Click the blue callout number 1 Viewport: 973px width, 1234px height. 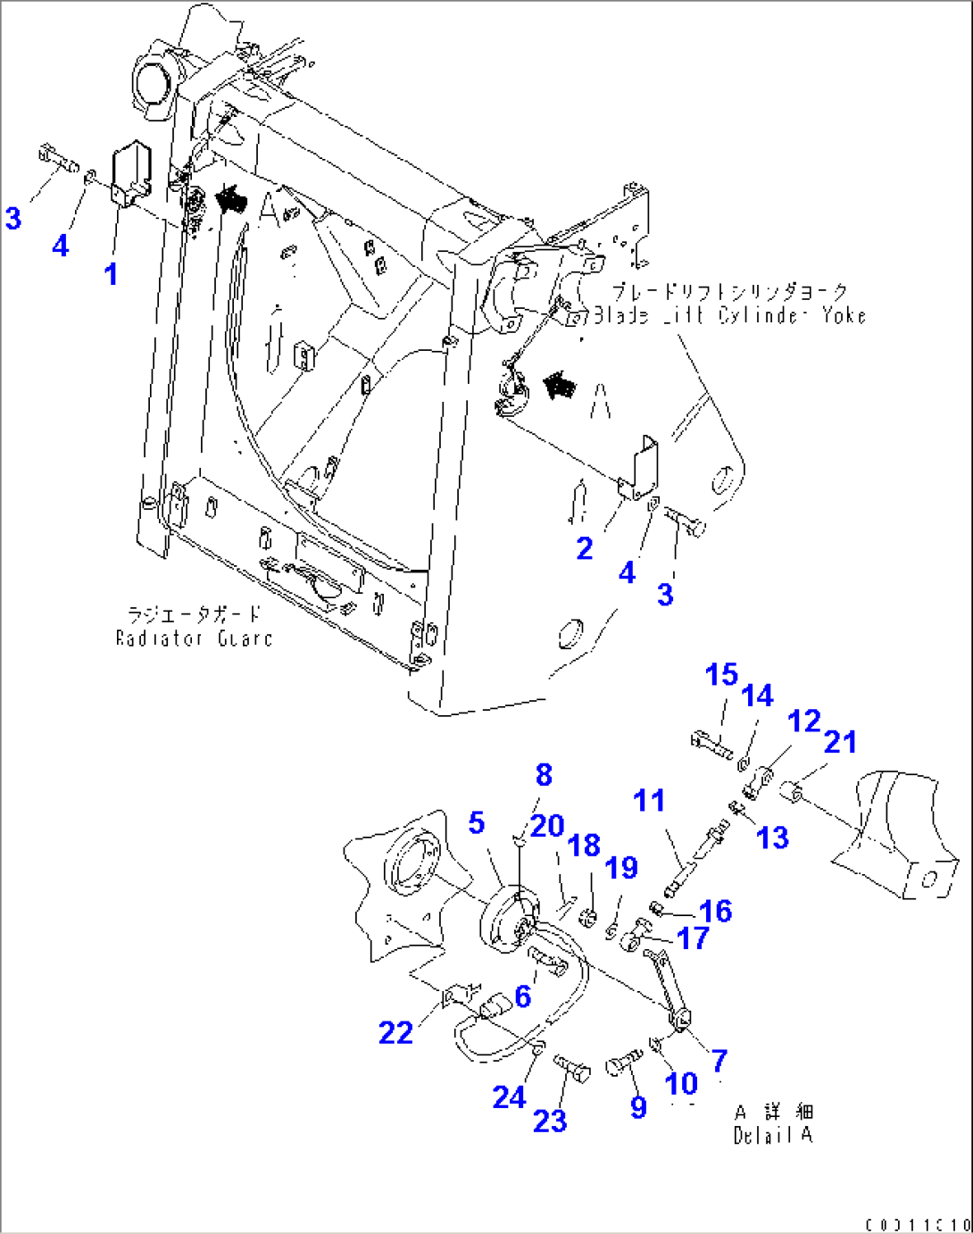[x=111, y=273]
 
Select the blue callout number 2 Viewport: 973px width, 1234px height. [x=585, y=547]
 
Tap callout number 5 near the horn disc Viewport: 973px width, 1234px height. [x=477, y=822]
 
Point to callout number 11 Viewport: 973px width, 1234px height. [x=649, y=800]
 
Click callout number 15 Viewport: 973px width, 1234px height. [x=722, y=674]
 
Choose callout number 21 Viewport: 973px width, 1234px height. [x=840, y=741]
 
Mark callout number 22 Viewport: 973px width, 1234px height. [x=395, y=1032]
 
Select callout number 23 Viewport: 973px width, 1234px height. [x=550, y=1121]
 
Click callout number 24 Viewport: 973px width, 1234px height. [x=509, y=1097]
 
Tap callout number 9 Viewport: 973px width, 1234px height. [x=638, y=1107]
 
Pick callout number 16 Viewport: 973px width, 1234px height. [x=716, y=911]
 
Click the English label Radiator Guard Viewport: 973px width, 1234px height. [x=194, y=638]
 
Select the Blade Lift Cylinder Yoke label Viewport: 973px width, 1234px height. [x=729, y=315]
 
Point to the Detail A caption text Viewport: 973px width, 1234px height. [x=773, y=1135]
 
